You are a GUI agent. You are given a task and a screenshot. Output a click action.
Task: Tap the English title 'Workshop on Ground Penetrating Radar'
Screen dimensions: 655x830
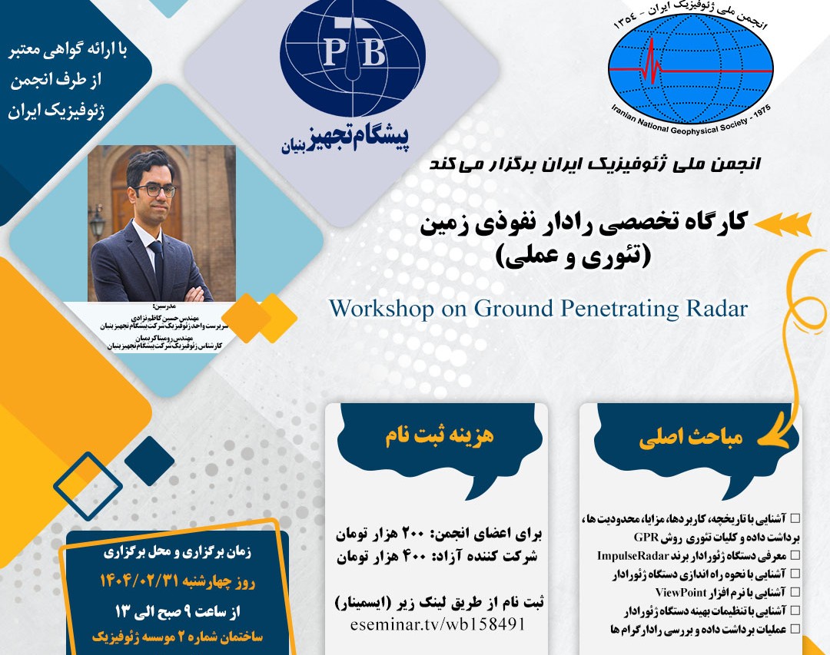(x=538, y=309)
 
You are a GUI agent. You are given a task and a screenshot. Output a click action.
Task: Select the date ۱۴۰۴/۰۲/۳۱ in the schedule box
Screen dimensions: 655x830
(x=178, y=581)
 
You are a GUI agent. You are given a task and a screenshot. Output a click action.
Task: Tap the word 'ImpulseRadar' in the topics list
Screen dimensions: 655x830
(x=632, y=554)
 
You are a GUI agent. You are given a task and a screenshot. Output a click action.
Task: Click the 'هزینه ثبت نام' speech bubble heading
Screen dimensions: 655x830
(x=439, y=436)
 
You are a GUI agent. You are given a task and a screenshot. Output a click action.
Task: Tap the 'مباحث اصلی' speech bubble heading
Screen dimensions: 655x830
(x=691, y=439)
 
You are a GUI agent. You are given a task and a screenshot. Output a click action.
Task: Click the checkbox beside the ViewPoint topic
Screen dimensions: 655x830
(x=795, y=592)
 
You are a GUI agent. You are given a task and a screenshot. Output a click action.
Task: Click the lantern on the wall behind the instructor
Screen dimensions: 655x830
(x=98, y=223)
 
